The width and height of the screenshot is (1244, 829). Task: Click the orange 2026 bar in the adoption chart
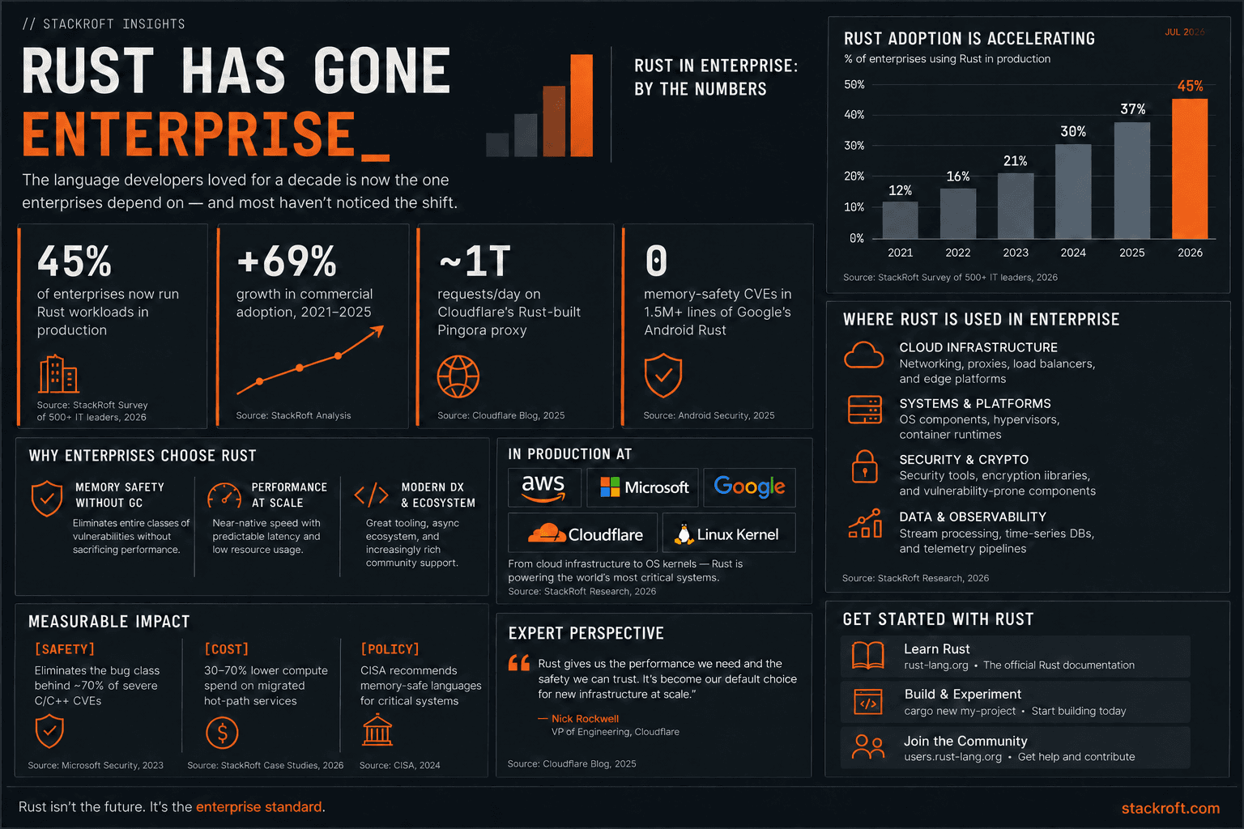pos(1190,169)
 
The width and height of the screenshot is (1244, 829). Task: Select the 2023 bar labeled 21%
pos(1016,206)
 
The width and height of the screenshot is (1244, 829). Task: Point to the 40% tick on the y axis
pos(854,115)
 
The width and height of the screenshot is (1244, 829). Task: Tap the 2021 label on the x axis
pos(901,253)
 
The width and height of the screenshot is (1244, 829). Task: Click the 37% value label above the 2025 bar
pos(1133,108)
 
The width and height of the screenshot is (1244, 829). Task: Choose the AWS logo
pos(543,487)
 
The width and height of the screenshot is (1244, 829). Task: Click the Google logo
pos(749,487)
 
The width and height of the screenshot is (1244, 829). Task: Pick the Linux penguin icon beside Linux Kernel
pos(684,534)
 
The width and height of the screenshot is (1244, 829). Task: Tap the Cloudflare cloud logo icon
pos(547,533)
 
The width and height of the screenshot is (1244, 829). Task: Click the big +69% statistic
pos(287,261)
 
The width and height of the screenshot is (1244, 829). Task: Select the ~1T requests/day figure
pos(475,261)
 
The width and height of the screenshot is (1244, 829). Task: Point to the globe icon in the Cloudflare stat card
pos(458,376)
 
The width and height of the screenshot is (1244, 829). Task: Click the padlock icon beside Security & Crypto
pos(865,466)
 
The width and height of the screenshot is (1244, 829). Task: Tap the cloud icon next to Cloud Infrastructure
pos(863,355)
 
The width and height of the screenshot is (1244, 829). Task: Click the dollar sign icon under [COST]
pos(222,733)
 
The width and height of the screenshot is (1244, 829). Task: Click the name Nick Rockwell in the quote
pos(585,719)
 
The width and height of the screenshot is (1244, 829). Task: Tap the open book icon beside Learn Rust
pos(868,655)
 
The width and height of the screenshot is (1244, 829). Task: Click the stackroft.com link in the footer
pos(1170,808)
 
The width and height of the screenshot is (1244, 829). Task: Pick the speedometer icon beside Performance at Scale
pos(224,495)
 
